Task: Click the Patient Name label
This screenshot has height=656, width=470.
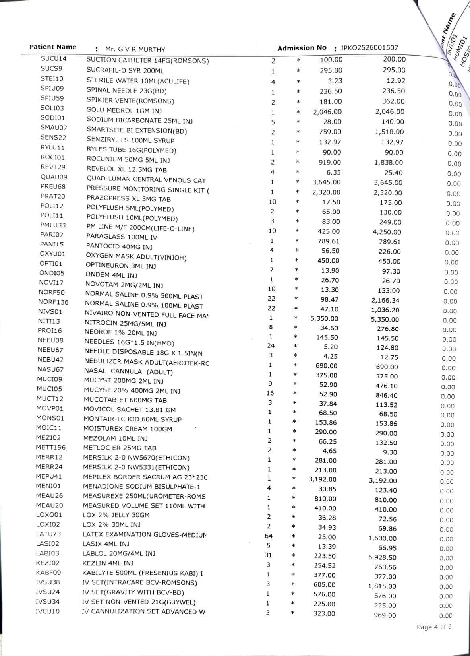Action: [x=53, y=47]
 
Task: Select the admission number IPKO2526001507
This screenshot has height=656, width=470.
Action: [x=369, y=48]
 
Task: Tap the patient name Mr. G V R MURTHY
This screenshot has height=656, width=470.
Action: [x=135, y=50]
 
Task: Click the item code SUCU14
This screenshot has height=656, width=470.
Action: [x=54, y=59]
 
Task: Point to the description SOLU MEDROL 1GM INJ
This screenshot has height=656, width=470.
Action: [x=124, y=111]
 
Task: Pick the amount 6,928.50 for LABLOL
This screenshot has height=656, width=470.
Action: [x=382, y=557]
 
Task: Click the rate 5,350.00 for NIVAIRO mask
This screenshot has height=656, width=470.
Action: [x=324, y=318]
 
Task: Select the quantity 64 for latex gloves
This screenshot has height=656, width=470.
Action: [x=269, y=536]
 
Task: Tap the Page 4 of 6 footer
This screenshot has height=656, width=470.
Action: [x=434, y=627]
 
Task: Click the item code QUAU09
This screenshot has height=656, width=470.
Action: [x=54, y=177]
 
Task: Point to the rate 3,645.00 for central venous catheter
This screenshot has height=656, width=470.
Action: [x=326, y=182]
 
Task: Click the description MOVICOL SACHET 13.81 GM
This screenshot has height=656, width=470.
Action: [x=130, y=410]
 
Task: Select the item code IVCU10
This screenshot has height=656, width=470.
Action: [x=48, y=611]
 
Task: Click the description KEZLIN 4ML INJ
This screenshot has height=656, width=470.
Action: [x=108, y=563]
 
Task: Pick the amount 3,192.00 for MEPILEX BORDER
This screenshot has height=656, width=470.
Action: [x=383, y=481]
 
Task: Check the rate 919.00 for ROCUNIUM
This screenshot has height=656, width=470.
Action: [x=330, y=162]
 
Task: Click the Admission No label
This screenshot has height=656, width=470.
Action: [x=302, y=48]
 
